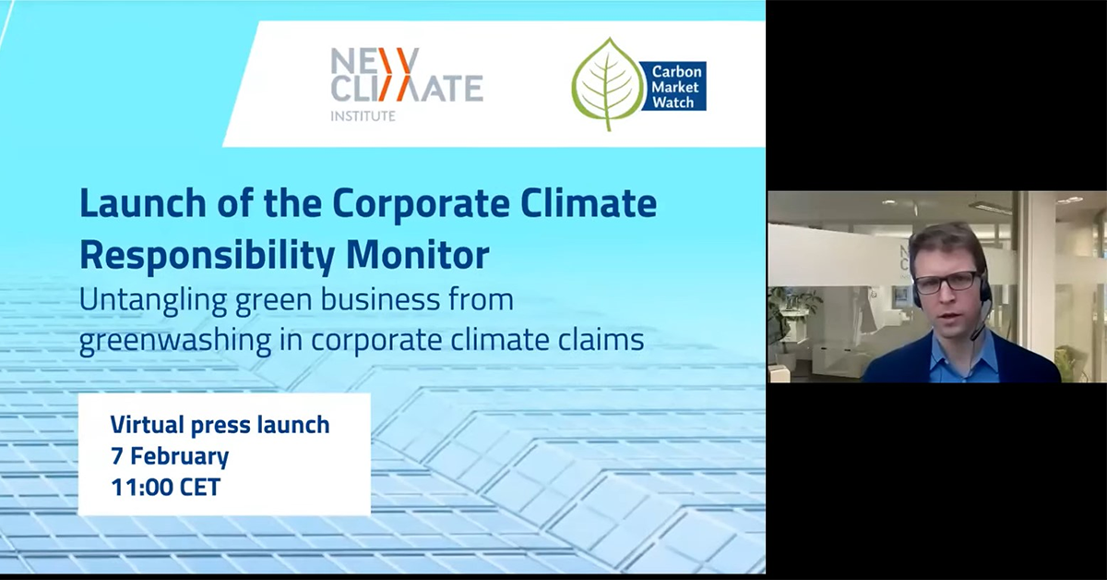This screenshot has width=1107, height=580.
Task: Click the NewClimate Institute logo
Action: pyautogui.click(x=406, y=82)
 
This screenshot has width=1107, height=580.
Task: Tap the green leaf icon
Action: pyautogui.click(x=607, y=84)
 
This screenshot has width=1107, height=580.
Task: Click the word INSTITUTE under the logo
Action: pyautogui.click(x=363, y=115)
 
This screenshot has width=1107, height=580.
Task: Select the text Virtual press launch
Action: pyautogui.click(x=220, y=426)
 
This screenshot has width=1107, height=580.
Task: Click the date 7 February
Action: pyautogui.click(x=169, y=456)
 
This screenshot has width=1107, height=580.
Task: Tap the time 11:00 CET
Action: pyautogui.click(x=165, y=487)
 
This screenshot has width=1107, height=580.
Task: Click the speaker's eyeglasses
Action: pyautogui.click(x=945, y=281)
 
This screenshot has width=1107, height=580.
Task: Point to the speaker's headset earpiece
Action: pyautogui.click(x=984, y=294)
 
